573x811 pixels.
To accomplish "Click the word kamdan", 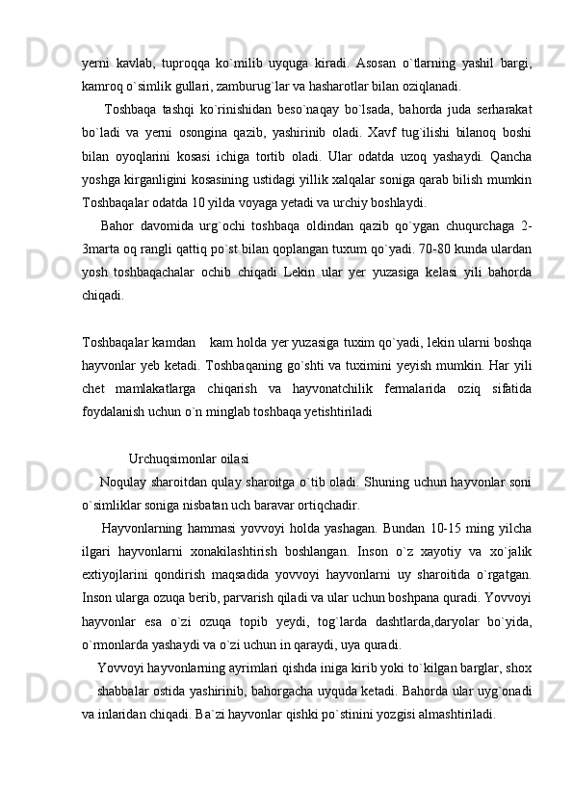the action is point(175,341).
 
